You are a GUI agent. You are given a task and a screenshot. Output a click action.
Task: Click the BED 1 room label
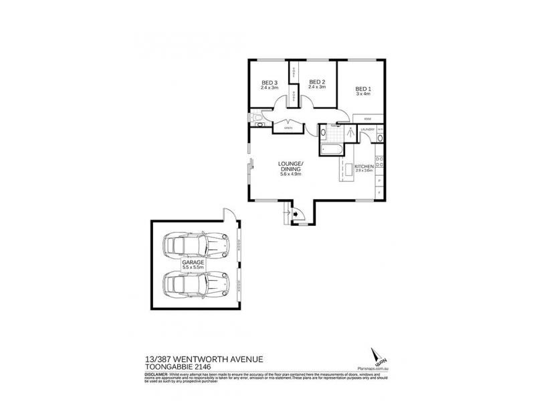[362, 89]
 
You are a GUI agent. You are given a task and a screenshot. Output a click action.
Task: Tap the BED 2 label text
[316, 83]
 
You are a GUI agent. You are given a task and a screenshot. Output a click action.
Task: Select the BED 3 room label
[270, 83]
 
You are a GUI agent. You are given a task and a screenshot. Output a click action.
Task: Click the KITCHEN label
[364, 166]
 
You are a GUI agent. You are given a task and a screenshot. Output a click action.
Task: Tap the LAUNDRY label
[366, 128]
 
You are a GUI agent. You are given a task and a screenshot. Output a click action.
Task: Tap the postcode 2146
[211, 368]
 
